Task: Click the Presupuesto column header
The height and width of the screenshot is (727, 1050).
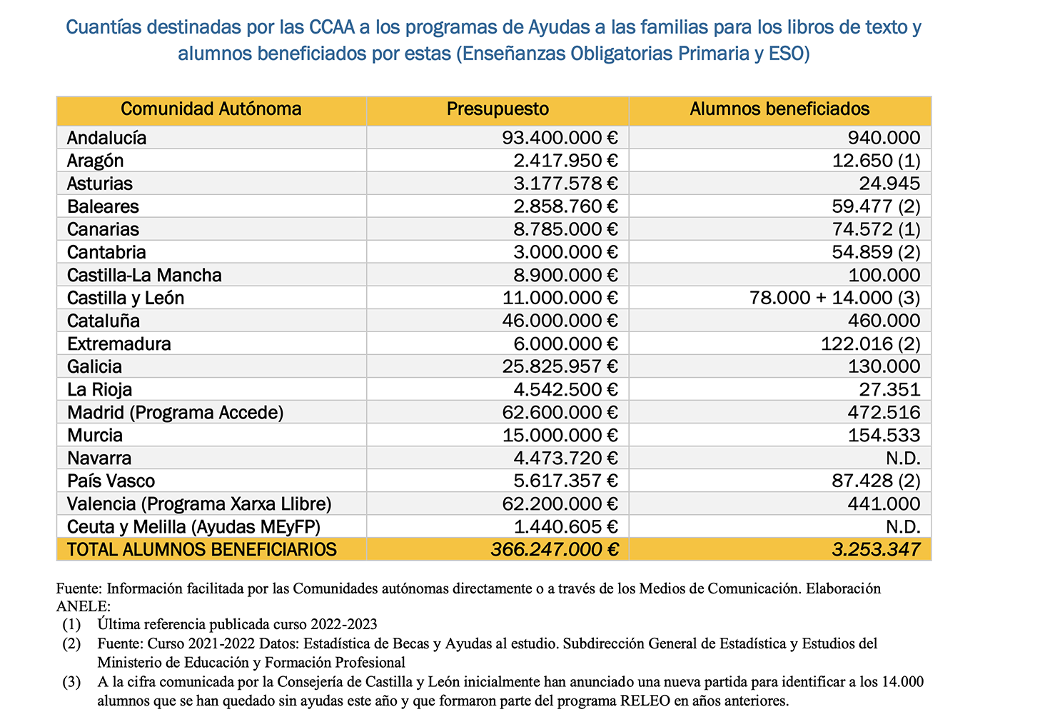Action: pyautogui.click(x=498, y=109)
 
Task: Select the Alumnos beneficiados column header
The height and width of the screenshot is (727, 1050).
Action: pyautogui.click(x=779, y=109)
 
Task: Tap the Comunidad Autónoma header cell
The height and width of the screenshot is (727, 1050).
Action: pyautogui.click(x=211, y=109)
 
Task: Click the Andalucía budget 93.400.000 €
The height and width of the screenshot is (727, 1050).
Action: pyautogui.click(x=560, y=138)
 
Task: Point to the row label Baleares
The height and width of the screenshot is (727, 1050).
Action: pyautogui.click(x=103, y=206)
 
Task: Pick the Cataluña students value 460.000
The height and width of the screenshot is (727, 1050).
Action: pyautogui.click(x=884, y=321)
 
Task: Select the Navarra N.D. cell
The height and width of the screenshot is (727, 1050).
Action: pyautogui.click(x=903, y=458)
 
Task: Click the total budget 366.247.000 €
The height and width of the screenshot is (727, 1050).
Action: pyautogui.click(x=555, y=550)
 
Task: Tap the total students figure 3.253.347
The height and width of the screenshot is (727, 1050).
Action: pyautogui.click(x=876, y=550)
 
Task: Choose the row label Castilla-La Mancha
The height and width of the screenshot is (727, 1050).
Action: pyautogui.click(x=144, y=275)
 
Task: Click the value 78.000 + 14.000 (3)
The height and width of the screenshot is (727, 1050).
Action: pyautogui.click(x=834, y=298)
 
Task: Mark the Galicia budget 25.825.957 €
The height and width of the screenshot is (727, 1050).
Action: pyautogui.click(x=560, y=366)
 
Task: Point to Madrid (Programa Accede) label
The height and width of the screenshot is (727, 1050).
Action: pyautogui.click(x=175, y=412)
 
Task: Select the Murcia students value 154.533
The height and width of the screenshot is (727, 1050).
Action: pyautogui.click(x=884, y=435)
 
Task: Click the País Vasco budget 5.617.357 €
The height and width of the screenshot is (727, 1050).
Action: pyautogui.click(x=565, y=481)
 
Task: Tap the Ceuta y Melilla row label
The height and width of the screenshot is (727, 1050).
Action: pyautogui.click(x=193, y=526)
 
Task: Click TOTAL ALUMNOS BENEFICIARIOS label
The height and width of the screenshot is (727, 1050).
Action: pyautogui.click(x=201, y=550)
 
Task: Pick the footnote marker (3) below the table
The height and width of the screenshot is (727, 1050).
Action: pyautogui.click(x=71, y=682)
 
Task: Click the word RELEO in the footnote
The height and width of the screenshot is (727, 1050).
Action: pyautogui.click(x=645, y=701)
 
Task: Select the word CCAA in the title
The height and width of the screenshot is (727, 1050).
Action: pyautogui.click(x=333, y=28)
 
